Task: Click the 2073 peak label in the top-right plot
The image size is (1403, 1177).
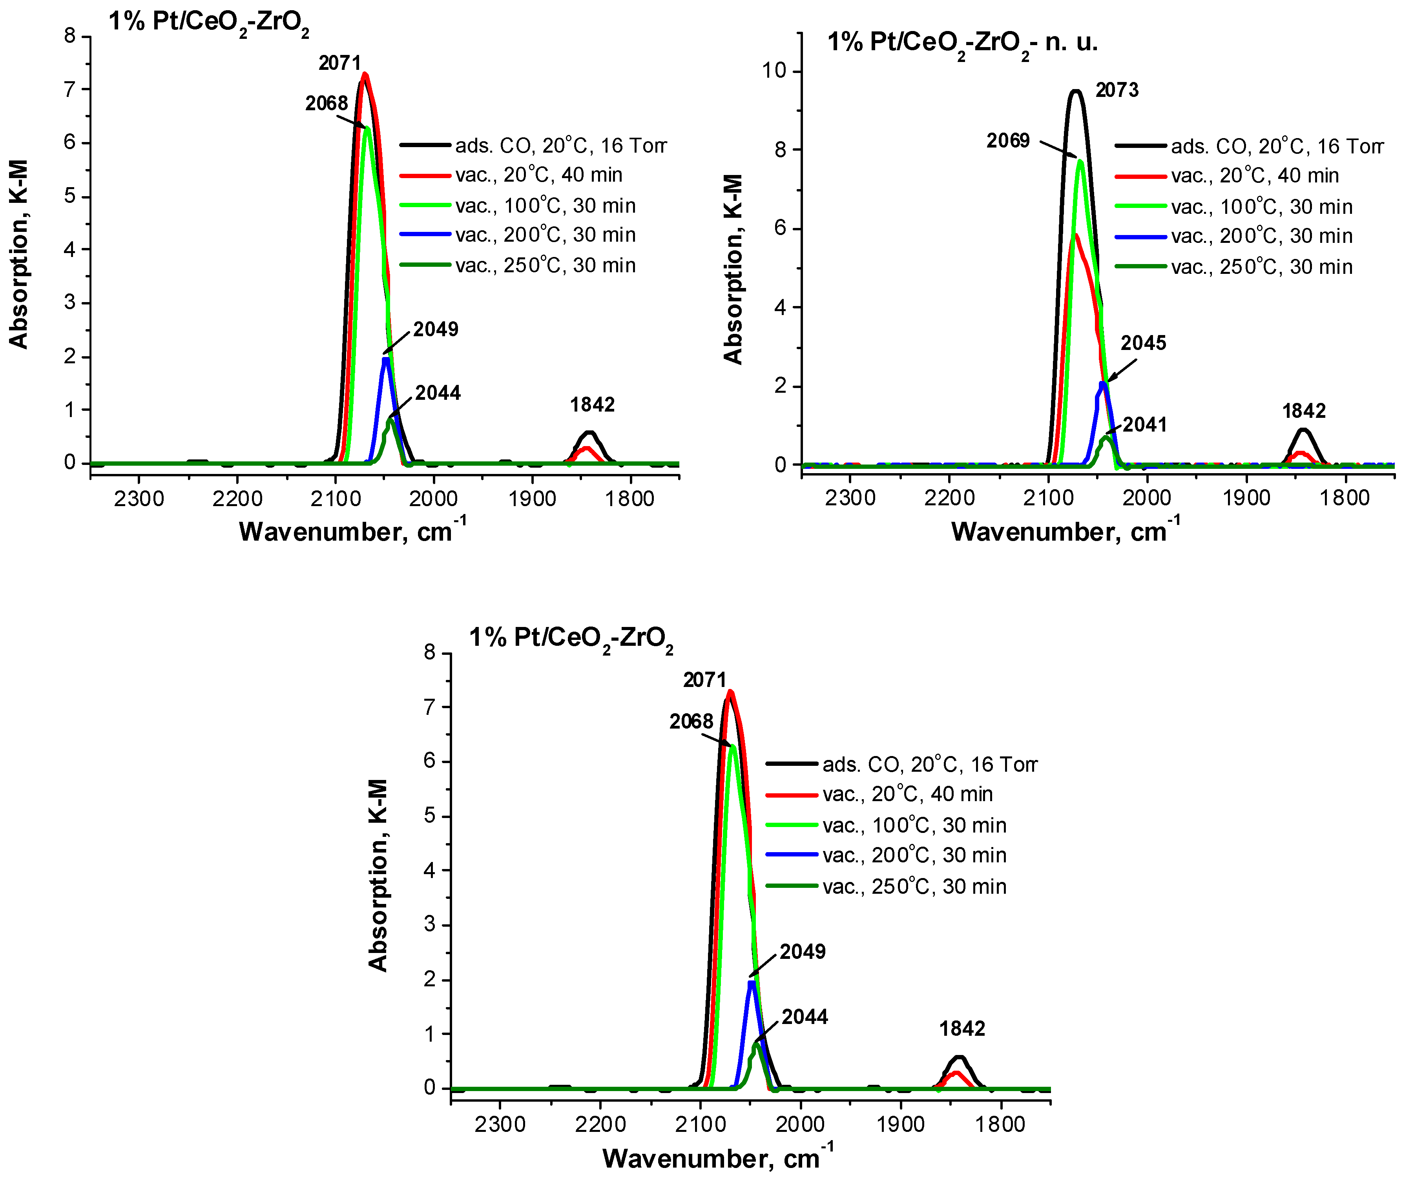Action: coord(1117,89)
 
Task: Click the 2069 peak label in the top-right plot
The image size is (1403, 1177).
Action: coord(1008,140)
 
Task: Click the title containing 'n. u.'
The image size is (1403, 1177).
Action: coord(962,43)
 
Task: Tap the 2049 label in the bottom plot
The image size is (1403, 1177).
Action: coord(803,951)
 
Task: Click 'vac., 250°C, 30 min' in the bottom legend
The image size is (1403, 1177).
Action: coord(914,886)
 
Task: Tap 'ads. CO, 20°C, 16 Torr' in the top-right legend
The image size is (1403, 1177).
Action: coord(1277,146)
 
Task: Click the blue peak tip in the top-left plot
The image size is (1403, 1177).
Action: coord(385,359)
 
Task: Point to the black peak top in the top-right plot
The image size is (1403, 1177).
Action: coord(1076,91)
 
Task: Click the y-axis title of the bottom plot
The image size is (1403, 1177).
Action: coord(378,875)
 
